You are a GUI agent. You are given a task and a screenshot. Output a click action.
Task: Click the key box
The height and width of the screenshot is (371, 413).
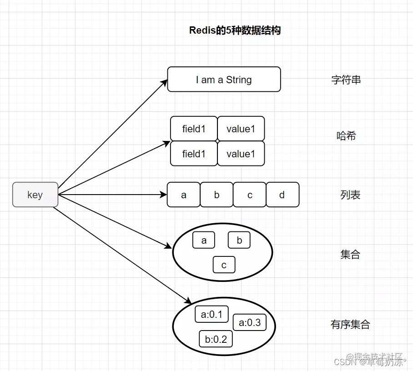pos(35,195)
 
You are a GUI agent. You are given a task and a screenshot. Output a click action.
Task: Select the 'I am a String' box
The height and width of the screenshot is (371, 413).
pos(224,80)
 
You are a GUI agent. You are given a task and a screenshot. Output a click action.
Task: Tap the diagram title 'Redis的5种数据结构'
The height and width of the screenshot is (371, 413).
pos(235,30)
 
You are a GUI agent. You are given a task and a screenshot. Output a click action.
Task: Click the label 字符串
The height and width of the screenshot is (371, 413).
pos(346,80)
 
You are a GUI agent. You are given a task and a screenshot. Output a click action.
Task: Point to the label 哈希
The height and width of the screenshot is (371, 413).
pos(346,135)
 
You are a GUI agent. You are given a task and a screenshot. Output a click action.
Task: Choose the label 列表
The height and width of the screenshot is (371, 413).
pos(350,195)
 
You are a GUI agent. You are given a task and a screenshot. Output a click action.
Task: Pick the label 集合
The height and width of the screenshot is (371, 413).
pos(350,255)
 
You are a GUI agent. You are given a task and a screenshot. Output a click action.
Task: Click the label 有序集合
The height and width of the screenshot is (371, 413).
pos(350,325)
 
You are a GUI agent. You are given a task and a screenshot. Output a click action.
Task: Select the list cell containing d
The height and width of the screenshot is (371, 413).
pos(282,195)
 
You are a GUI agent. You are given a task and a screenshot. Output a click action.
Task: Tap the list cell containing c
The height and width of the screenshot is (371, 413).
pos(250,195)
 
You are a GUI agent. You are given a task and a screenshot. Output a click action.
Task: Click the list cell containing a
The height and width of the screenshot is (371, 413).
pos(184,195)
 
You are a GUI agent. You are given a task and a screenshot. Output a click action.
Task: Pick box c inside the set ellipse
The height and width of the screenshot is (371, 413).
pos(224,265)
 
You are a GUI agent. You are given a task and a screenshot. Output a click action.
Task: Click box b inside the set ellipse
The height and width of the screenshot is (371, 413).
pos(239,240)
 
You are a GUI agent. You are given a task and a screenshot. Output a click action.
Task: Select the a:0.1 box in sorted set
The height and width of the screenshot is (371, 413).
pos(212,314)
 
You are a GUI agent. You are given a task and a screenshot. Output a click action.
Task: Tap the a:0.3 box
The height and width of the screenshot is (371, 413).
pos(250,322)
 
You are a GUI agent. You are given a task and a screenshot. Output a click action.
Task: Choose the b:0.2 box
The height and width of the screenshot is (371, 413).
pos(216,339)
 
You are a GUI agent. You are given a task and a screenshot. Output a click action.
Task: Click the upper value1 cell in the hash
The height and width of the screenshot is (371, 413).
pos(241,129)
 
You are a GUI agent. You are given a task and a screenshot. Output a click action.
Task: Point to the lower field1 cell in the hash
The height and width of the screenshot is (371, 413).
pos(194,154)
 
